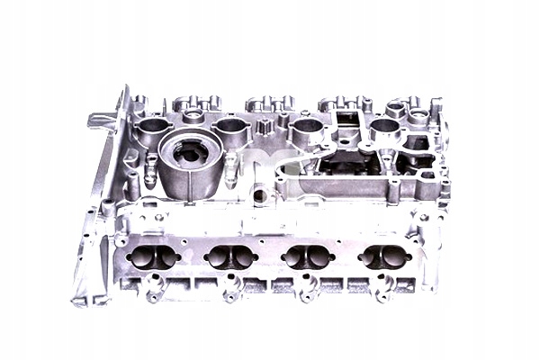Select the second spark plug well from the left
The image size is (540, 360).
(x=231, y=128)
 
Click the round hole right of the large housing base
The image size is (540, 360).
(x=259, y=193)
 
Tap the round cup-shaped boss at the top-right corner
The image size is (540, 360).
(x=419, y=115)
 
